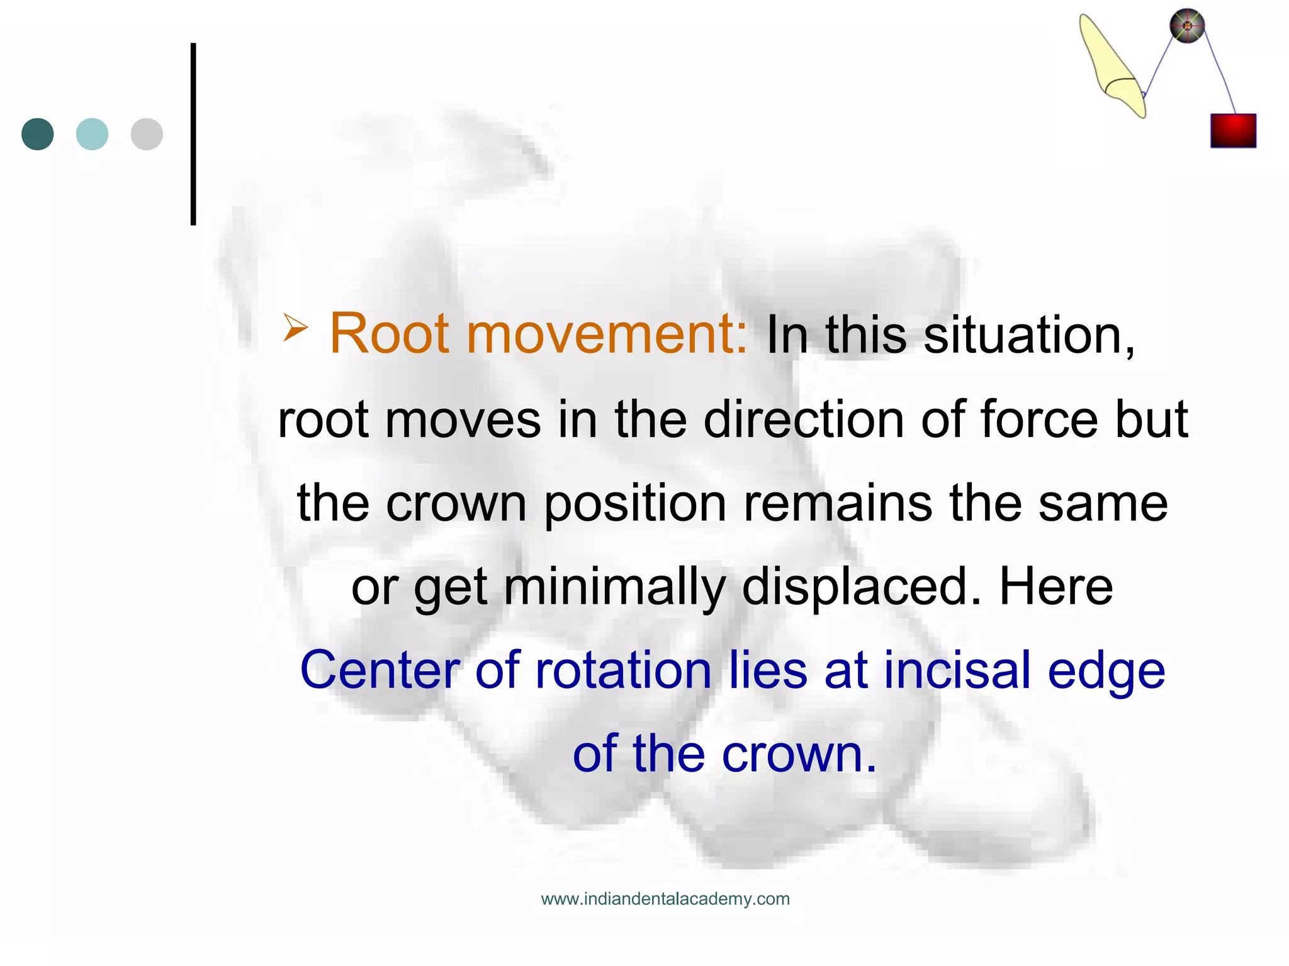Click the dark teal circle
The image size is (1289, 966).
tap(38, 134)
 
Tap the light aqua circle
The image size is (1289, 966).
tap(92, 134)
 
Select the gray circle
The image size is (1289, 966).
tap(147, 134)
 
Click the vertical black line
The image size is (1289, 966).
tap(193, 134)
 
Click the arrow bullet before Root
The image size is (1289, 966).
tap(295, 327)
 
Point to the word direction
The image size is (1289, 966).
tap(804, 419)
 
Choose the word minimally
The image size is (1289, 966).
tap(614, 587)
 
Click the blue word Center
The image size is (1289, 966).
tap(380, 670)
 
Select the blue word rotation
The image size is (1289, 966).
tap(623, 670)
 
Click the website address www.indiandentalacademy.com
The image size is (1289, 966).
tap(665, 899)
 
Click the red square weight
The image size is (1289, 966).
tap(1233, 131)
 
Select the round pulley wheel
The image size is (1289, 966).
tap(1187, 26)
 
